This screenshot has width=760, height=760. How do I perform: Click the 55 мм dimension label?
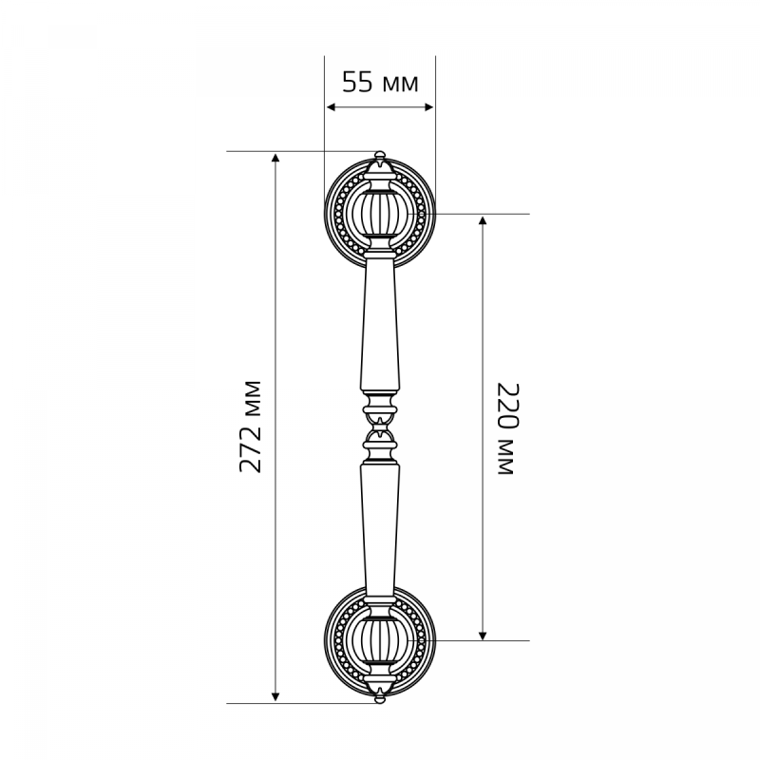(x=380, y=83)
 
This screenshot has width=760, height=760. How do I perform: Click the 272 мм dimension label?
(x=251, y=427)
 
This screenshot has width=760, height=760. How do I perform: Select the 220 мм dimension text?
(x=508, y=428)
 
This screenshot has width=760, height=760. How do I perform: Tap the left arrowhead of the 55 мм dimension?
(x=331, y=107)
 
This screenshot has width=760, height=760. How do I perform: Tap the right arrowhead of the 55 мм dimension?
(x=429, y=107)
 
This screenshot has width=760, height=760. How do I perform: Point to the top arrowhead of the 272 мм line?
(x=275, y=158)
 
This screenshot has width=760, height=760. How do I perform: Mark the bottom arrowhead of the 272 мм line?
(x=275, y=697)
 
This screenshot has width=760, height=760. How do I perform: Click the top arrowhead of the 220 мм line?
(x=483, y=220)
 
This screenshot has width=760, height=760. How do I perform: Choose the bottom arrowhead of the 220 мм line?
(x=483, y=635)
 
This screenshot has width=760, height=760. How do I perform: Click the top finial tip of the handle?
(x=380, y=152)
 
